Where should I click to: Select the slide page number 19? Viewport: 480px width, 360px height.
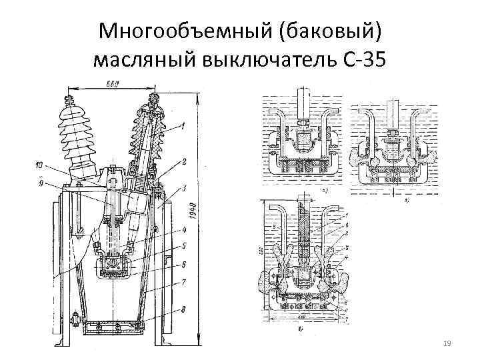447,343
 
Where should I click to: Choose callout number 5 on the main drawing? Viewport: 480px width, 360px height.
184,246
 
